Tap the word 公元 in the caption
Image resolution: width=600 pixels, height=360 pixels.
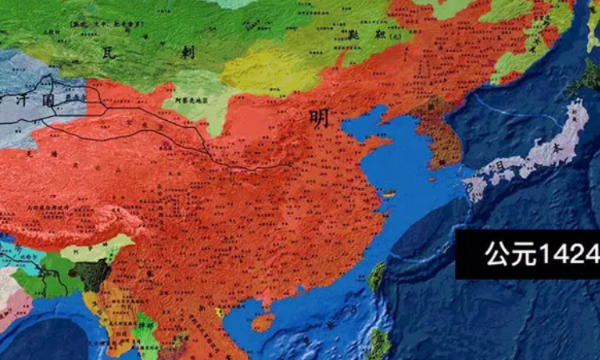coord(504,254)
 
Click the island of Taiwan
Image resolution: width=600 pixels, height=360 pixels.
coord(376,278)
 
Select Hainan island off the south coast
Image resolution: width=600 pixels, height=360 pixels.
coord(262,322)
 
